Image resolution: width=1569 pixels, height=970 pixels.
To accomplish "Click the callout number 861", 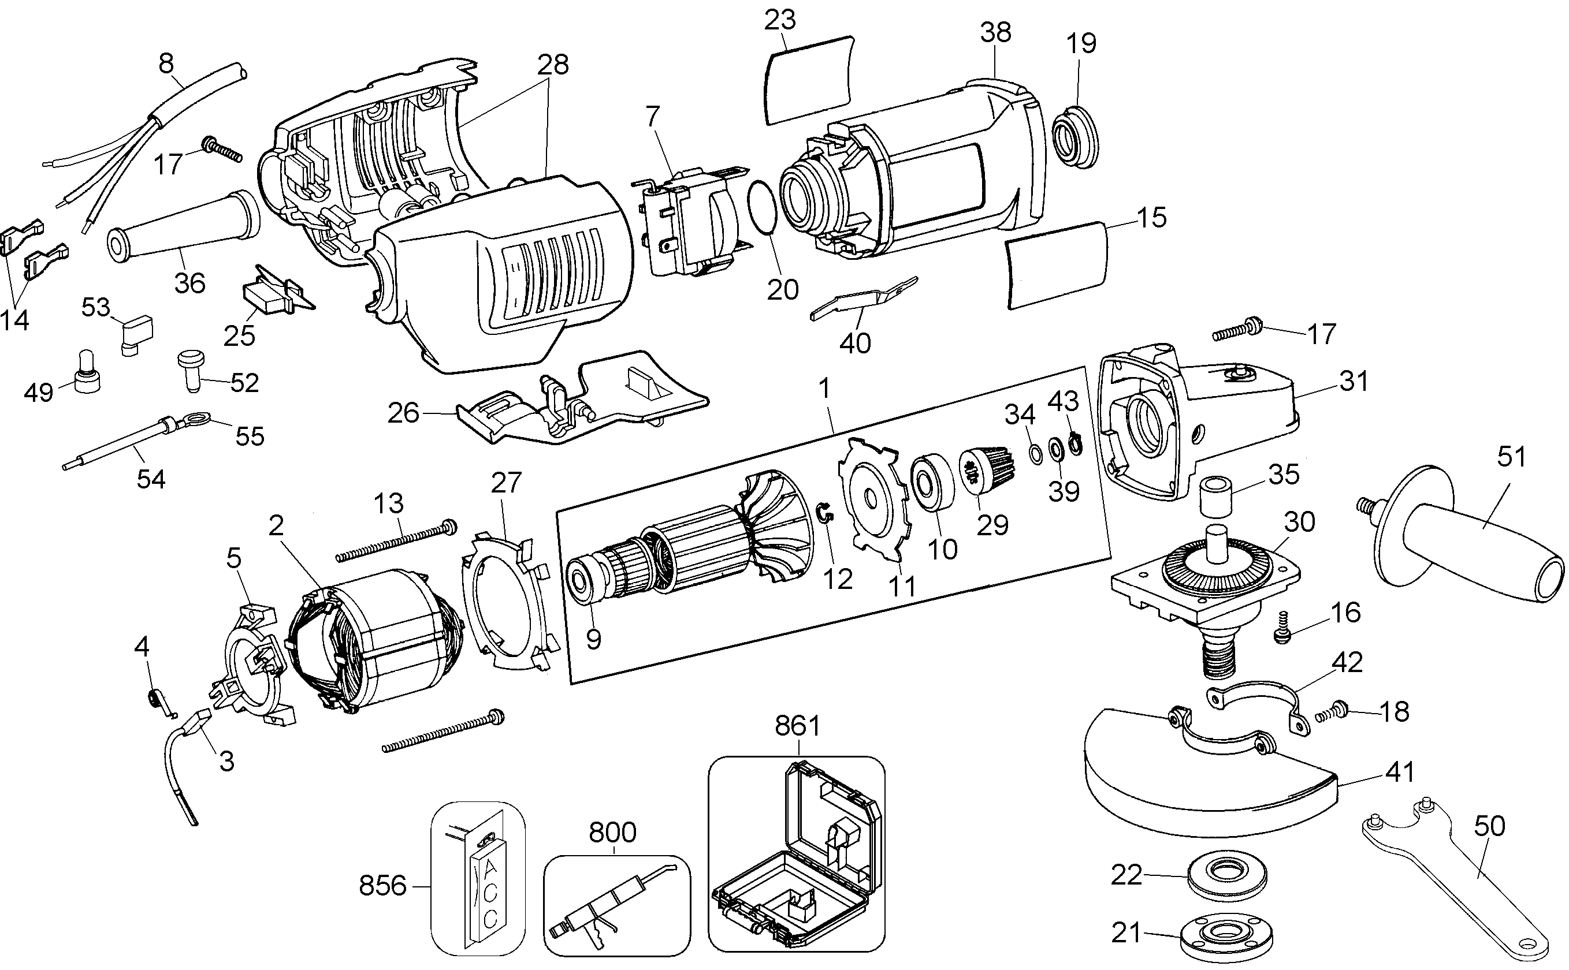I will pyautogui.click(x=797, y=726).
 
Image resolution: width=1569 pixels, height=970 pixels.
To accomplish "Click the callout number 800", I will pyautogui.click(x=612, y=833).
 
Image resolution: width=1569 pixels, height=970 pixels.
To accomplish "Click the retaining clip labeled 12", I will pyautogui.click(x=824, y=514).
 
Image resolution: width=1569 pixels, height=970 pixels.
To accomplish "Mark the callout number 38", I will pyautogui.click(x=995, y=32).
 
